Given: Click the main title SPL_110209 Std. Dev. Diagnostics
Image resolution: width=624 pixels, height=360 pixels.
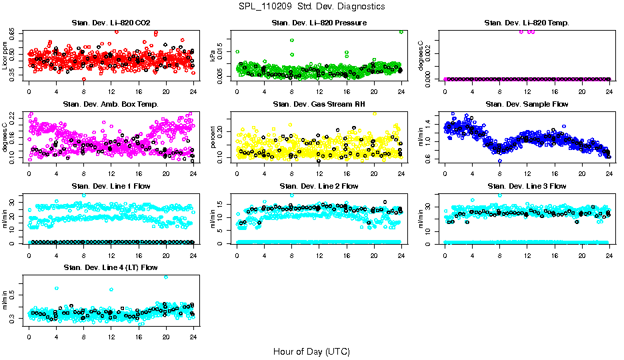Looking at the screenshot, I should (x=311, y=7).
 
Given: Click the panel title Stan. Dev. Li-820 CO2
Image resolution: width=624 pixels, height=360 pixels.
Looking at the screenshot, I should (x=111, y=23).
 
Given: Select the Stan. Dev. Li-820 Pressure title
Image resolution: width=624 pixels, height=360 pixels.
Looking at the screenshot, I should (x=319, y=23).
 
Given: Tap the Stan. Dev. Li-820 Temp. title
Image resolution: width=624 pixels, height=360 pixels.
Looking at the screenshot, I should (x=527, y=23).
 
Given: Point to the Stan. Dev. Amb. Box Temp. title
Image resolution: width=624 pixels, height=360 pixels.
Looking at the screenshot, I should (x=111, y=105).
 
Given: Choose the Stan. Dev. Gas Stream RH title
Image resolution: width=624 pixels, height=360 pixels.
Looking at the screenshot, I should (x=319, y=105).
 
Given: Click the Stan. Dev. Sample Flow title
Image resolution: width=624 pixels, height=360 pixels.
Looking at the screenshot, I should (x=527, y=105).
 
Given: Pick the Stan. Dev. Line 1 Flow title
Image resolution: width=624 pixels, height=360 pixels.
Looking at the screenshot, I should (x=111, y=186).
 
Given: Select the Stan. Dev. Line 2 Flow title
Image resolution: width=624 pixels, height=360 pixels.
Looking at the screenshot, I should (x=319, y=186).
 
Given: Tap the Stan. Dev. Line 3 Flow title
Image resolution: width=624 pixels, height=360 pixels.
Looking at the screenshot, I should (x=527, y=186).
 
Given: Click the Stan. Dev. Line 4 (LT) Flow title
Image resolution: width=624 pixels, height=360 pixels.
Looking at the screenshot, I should (x=111, y=267).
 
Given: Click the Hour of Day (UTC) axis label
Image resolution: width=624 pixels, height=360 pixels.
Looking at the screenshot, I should (x=311, y=351).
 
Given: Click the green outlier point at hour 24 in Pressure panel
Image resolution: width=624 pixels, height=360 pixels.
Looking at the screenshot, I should (x=401, y=31).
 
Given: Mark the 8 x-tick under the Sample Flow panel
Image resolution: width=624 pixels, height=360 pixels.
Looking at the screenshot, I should (x=499, y=173).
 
